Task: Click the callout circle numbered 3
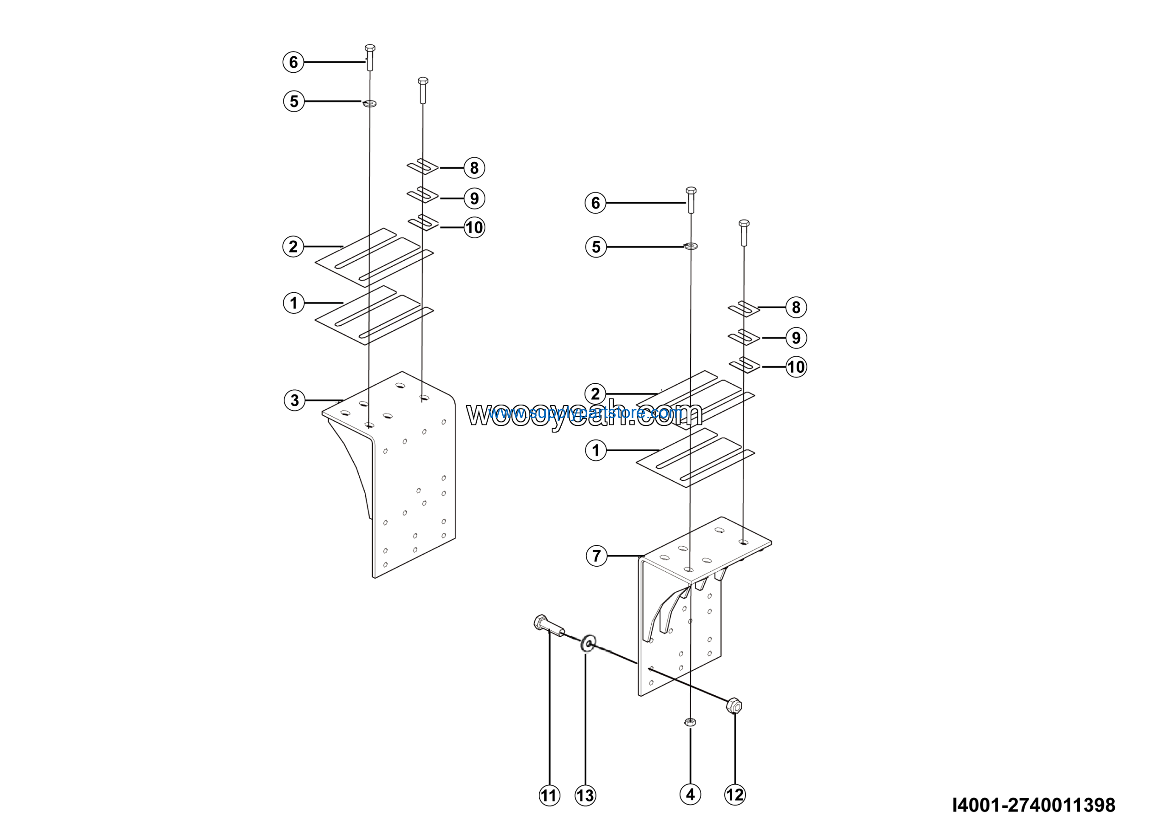click(294, 400)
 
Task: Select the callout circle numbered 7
click(597, 556)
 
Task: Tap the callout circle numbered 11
click(549, 795)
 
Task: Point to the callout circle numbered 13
click(585, 795)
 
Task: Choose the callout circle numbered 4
click(691, 795)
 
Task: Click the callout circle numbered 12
click(735, 795)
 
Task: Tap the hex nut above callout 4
click(690, 722)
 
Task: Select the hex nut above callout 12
click(734, 706)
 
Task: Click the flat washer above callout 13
click(588, 644)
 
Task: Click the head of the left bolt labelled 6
click(370, 48)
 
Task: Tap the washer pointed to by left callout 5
click(370, 103)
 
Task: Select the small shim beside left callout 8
click(422, 166)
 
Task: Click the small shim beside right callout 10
click(744, 365)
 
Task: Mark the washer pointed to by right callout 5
click(691, 246)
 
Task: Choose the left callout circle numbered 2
click(293, 247)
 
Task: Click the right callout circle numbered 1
click(596, 451)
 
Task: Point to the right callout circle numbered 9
click(796, 338)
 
